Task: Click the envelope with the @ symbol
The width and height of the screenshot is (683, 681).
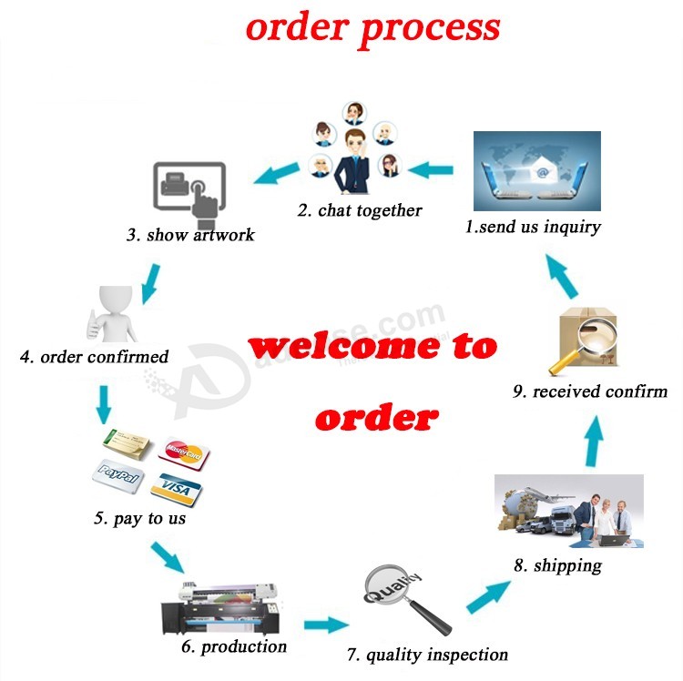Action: (543, 174)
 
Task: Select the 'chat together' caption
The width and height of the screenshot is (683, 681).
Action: (360, 210)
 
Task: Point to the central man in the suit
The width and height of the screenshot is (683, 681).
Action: (354, 161)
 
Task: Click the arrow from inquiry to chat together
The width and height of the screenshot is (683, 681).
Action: (431, 170)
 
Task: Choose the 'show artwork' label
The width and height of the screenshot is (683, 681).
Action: (191, 235)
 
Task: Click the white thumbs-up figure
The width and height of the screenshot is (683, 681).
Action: (112, 313)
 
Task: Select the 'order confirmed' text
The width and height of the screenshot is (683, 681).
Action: (94, 357)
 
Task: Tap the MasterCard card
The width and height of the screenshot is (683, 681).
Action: (183, 452)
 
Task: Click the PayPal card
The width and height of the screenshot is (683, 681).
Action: (118, 476)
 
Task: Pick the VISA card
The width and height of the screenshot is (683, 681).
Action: (177, 490)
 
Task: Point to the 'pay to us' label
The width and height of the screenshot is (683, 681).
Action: (139, 518)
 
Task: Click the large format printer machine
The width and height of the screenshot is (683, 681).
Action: (221, 608)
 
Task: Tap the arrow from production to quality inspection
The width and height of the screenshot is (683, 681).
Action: (326, 625)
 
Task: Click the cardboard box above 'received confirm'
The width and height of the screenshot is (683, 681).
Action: (587, 336)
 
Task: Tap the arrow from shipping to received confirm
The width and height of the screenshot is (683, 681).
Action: (594, 441)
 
